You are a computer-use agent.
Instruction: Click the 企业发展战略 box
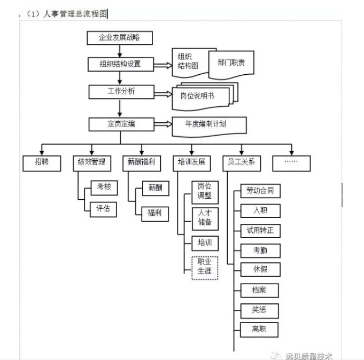[x=120, y=38]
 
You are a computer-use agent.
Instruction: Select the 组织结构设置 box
[x=120, y=64]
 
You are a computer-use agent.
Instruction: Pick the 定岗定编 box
[x=120, y=124]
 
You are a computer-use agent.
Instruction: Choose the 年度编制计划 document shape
[x=209, y=124]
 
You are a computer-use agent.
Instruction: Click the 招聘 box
[x=41, y=163]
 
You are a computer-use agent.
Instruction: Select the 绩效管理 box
[x=91, y=163]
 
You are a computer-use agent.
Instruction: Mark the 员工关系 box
[x=241, y=163]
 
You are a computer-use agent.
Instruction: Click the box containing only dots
[x=291, y=163]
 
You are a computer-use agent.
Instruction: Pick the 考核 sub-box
[x=103, y=187]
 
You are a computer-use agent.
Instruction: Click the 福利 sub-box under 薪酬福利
[x=155, y=214]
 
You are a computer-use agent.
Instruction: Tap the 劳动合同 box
[x=260, y=191]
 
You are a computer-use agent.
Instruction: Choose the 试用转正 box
[x=260, y=230]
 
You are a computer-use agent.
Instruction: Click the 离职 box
[x=260, y=328]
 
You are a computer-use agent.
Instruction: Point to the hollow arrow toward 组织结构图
[x=164, y=65]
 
